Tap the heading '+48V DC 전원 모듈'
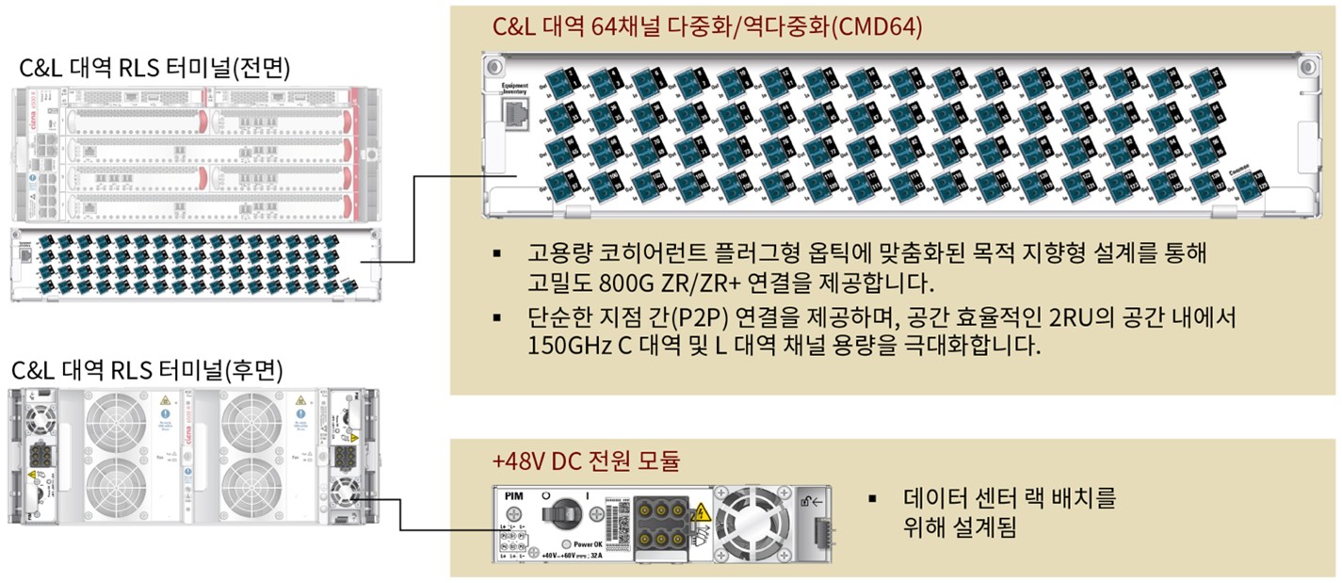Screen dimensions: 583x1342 point(585,462)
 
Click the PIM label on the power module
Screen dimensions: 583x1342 point(513,494)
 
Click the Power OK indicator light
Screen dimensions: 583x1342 point(565,544)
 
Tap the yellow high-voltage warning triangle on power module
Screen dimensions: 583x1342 point(700,513)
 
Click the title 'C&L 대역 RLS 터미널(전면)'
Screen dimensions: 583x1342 point(154,69)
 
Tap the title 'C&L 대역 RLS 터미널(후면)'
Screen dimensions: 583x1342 point(154,368)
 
